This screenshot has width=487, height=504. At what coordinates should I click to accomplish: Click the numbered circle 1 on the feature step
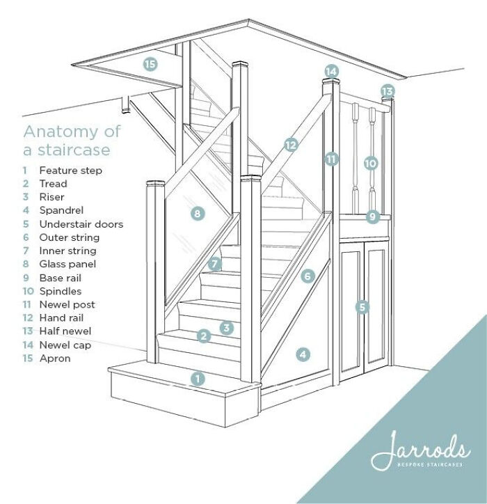[x=198, y=379]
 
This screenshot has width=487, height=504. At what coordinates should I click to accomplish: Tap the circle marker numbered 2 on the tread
[x=203, y=336]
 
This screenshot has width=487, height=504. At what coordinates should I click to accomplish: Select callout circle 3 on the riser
[x=225, y=327]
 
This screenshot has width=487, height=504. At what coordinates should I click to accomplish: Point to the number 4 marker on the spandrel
[x=303, y=354]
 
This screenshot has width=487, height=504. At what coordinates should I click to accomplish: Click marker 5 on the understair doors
[x=361, y=306]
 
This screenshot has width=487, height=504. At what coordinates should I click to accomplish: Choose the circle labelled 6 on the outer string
[x=308, y=276]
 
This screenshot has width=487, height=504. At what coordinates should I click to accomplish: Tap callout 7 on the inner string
[x=215, y=264]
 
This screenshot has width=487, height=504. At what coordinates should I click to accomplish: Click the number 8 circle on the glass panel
[x=198, y=214]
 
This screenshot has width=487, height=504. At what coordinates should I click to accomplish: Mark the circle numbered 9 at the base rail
[x=372, y=216]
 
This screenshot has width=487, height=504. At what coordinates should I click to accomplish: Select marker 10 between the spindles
[x=370, y=163]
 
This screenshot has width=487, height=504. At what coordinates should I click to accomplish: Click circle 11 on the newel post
[x=332, y=159]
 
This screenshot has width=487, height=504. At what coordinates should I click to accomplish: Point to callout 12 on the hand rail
[x=290, y=145]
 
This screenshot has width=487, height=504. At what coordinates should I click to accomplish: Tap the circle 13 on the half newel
[x=388, y=91]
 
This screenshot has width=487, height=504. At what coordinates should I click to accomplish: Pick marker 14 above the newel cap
[x=331, y=71]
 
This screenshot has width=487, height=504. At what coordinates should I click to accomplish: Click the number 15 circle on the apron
[x=150, y=65]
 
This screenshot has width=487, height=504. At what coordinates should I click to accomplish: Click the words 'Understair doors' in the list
[x=81, y=224]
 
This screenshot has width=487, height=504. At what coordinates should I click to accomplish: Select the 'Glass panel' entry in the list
[x=67, y=265]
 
